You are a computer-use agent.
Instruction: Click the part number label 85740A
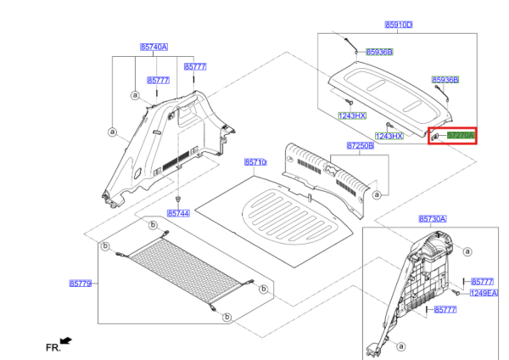tap(154, 47)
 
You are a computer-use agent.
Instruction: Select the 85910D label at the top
tap(398, 25)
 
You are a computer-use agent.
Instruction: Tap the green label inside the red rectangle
tap(461, 136)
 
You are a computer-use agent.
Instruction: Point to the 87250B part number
tap(360, 146)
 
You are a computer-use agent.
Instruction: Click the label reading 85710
tap(255, 161)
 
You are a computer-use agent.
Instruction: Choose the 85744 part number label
tap(178, 213)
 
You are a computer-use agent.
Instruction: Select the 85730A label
tap(432, 218)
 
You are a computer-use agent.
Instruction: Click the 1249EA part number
tap(484, 293)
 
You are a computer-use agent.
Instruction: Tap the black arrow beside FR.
tap(66, 341)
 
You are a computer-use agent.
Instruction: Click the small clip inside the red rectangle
tap(434, 136)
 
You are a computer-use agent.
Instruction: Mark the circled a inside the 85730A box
tap(401, 346)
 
